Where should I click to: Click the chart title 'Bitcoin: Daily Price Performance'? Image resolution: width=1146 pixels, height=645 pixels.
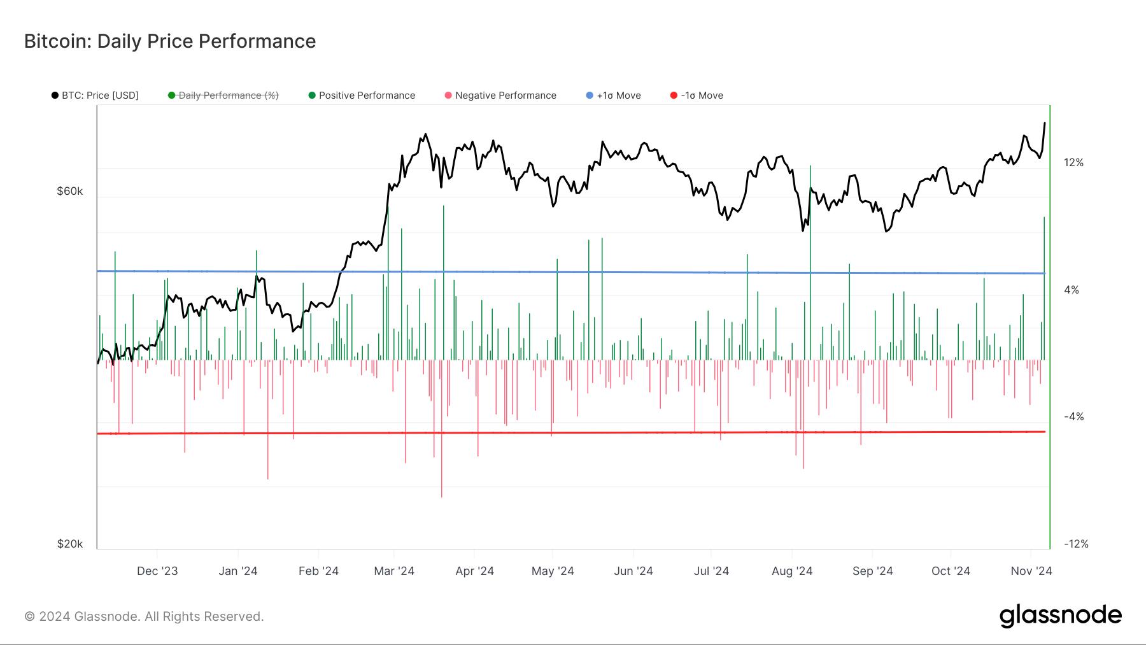tap(170, 41)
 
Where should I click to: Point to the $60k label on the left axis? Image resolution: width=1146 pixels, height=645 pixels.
tap(70, 191)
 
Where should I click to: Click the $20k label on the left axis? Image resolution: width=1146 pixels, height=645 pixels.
tap(70, 544)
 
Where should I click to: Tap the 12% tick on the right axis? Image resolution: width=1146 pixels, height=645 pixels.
tap(1073, 162)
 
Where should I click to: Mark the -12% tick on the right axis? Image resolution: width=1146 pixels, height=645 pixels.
tap(1076, 544)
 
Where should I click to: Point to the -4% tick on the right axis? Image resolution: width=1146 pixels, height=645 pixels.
tap(1073, 416)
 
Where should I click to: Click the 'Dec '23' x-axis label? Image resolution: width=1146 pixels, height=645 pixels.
tap(157, 571)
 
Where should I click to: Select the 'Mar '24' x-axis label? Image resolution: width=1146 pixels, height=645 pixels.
tap(394, 571)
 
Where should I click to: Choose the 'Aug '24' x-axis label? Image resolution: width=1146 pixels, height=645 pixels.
tap(792, 571)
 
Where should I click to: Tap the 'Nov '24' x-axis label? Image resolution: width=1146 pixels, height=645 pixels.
tap(1031, 571)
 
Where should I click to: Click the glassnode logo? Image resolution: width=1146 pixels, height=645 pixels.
tap(1060, 616)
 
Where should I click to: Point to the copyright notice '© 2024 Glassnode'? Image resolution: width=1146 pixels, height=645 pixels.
tap(144, 616)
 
